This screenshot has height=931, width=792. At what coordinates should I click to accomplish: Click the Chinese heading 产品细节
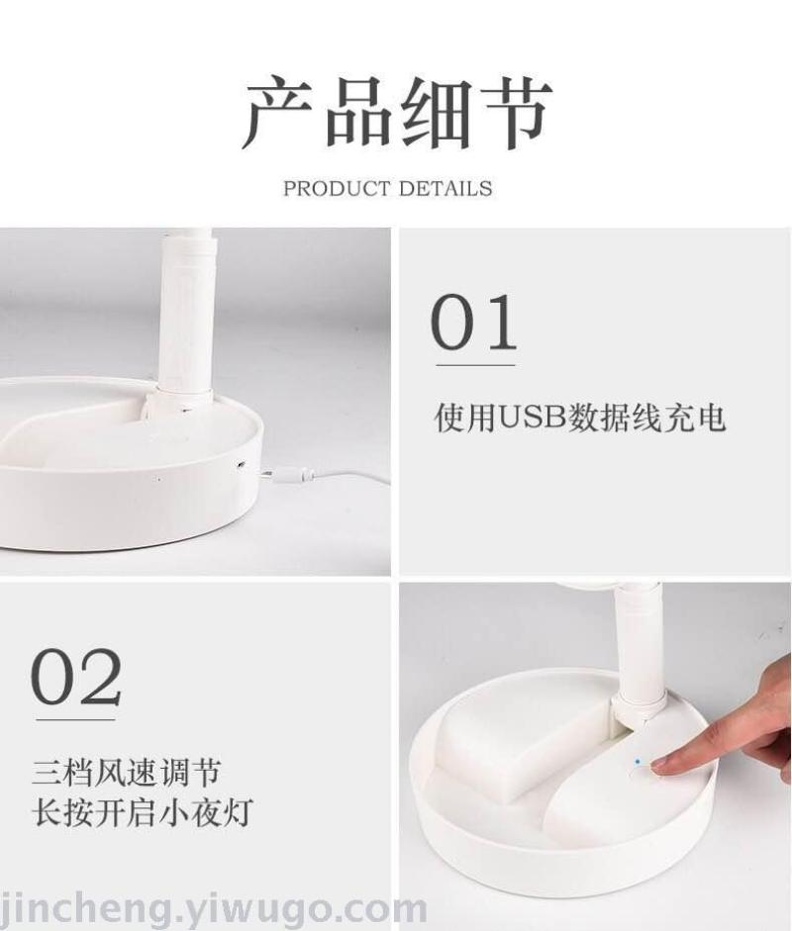click(396, 113)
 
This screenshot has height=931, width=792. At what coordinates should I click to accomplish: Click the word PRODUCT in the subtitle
click(337, 189)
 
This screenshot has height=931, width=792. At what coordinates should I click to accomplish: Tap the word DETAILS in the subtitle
click(445, 189)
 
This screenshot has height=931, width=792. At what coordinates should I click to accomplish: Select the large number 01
click(473, 322)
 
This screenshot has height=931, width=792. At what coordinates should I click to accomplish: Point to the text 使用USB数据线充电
click(580, 418)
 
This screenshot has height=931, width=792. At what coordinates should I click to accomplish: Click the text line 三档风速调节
click(127, 773)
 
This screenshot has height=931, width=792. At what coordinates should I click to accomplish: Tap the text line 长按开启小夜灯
click(143, 811)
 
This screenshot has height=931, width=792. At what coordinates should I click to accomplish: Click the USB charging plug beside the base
click(289, 474)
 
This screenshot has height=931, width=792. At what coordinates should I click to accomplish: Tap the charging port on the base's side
click(242, 465)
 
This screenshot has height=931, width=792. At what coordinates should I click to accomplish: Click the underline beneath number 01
click(476, 365)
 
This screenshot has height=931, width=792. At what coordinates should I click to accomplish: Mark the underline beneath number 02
click(75, 719)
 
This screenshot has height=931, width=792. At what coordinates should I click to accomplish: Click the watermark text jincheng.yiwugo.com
click(213, 908)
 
